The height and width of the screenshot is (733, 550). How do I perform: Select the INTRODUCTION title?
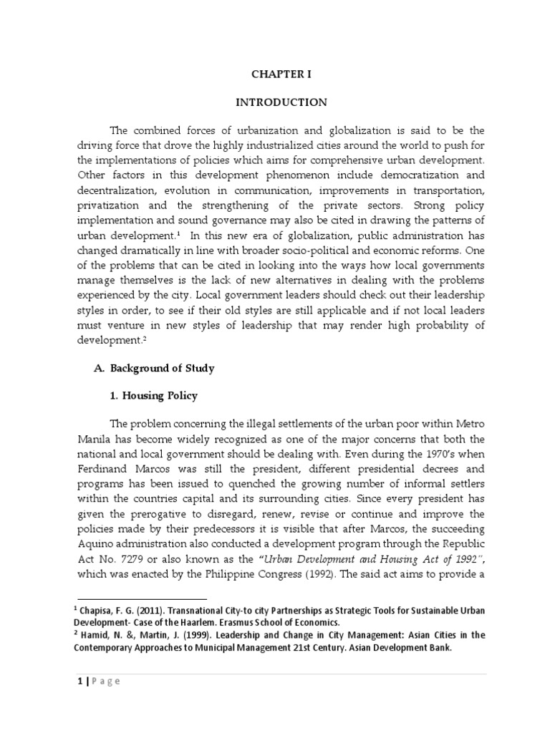coord(281,102)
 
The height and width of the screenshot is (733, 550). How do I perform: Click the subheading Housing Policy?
coord(157,395)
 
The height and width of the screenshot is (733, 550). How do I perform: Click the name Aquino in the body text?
coord(100,529)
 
